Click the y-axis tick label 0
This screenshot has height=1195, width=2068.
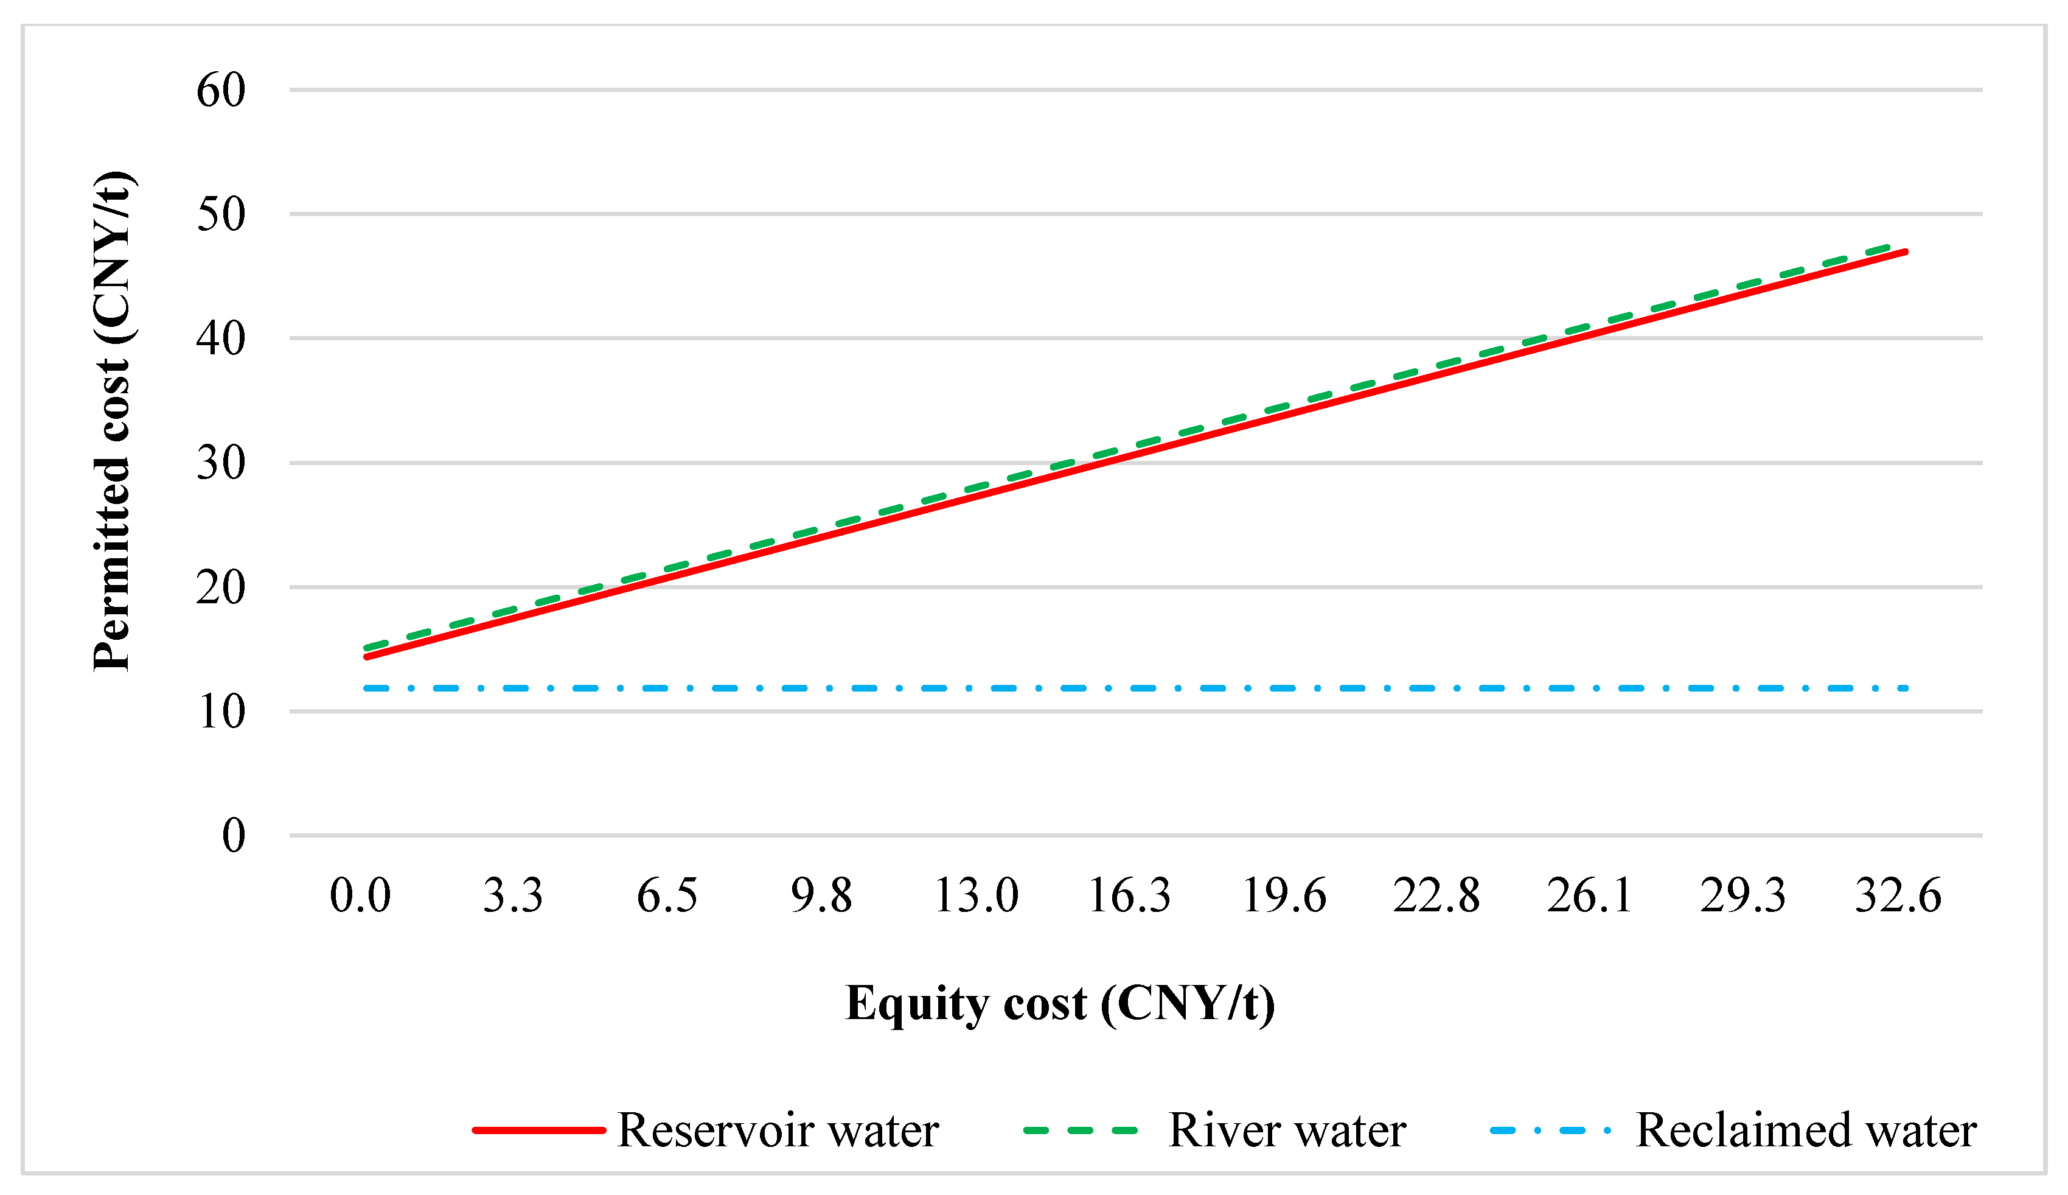tap(233, 836)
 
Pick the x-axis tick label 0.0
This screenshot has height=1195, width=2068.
tap(360, 895)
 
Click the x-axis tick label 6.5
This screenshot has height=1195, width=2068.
tap(667, 895)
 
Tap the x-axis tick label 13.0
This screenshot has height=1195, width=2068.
tap(976, 895)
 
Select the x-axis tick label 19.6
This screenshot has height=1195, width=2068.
tap(1284, 895)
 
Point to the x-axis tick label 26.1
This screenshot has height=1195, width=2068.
tap(1590, 895)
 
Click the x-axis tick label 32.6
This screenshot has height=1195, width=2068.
tap(1898, 895)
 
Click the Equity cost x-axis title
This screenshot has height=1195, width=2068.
tap(1060, 1004)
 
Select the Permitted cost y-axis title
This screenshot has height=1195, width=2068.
tap(113, 422)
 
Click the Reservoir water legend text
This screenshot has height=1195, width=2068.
tap(778, 1131)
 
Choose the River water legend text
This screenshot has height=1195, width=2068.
tap(1287, 1131)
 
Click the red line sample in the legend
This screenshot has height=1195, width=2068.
tap(539, 1131)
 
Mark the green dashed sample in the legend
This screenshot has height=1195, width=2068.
tap(1081, 1131)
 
